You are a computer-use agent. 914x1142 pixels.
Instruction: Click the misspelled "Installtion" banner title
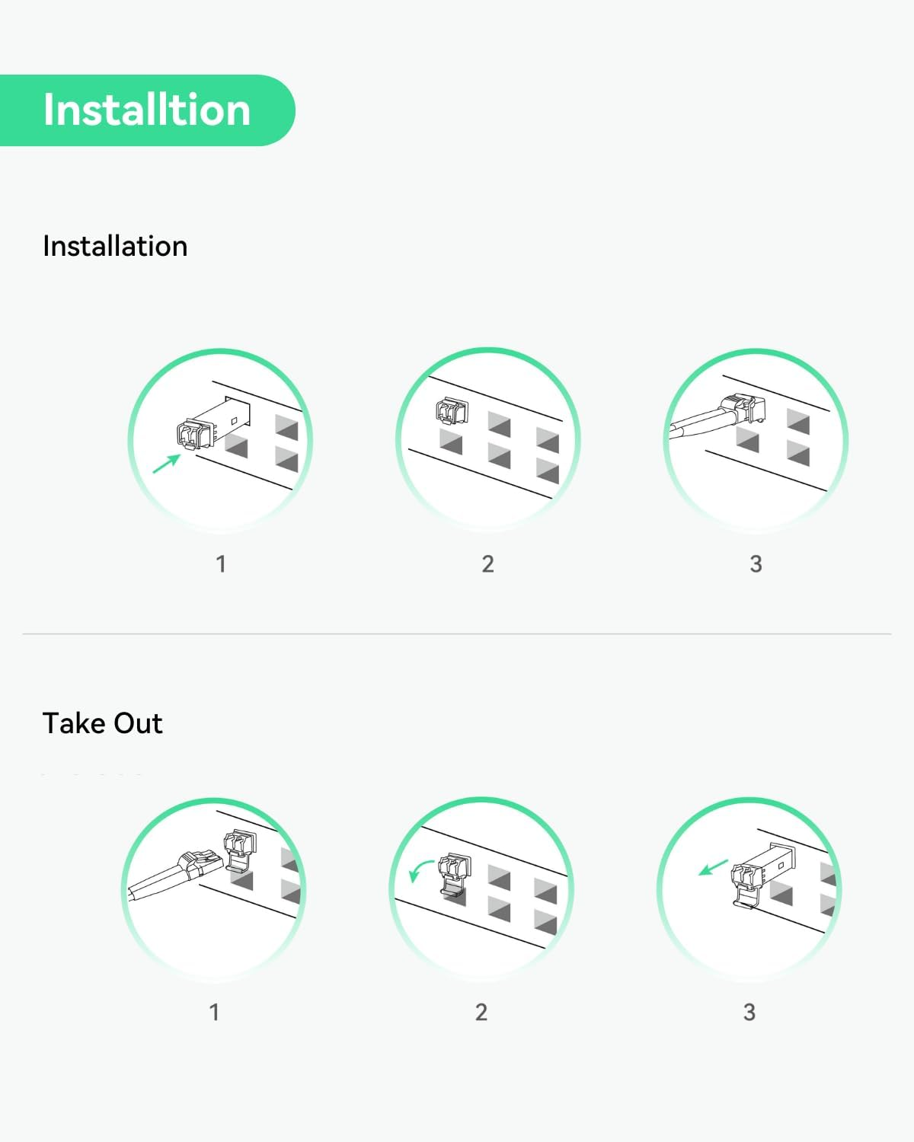[x=146, y=110]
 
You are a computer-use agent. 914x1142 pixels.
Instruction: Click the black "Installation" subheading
[x=115, y=246]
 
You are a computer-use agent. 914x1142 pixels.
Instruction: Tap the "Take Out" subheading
[x=103, y=723]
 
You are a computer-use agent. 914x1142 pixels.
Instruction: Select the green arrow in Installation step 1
[x=167, y=464]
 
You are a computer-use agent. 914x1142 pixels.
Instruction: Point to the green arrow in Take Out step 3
[x=713, y=868]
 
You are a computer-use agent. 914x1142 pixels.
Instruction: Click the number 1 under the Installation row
[x=221, y=564]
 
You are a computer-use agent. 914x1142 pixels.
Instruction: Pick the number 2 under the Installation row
[x=488, y=564]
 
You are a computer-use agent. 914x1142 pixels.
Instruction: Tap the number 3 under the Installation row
[x=756, y=564]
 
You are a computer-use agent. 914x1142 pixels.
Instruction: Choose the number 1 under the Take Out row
[x=214, y=1013]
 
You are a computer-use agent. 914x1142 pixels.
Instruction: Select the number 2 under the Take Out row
[x=481, y=1013]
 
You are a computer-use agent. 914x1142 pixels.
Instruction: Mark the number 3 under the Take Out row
[x=749, y=1013]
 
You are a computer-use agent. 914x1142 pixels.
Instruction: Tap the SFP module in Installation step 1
[x=213, y=425]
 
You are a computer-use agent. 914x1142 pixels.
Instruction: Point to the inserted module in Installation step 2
[x=452, y=411]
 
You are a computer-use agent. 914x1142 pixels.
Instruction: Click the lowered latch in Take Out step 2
[x=455, y=887]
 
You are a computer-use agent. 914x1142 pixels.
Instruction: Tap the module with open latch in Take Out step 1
[x=240, y=850]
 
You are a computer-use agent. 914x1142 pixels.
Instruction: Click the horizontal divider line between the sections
[x=457, y=633]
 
